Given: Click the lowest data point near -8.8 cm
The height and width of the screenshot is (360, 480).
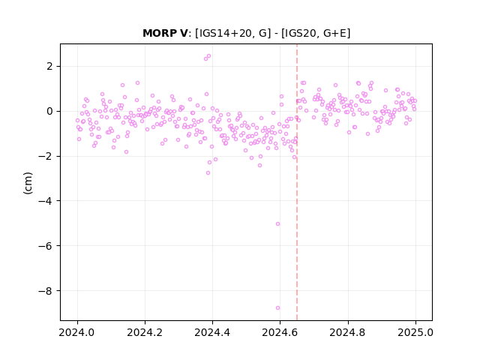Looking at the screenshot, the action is click(277, 308).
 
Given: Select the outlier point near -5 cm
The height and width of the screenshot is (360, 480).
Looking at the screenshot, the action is click(277, 223).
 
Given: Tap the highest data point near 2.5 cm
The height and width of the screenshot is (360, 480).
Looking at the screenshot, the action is click(208, 56).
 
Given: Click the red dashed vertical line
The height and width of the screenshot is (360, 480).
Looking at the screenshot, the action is click(297, 182).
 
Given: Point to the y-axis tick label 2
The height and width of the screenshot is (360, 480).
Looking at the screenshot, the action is click(49, 67).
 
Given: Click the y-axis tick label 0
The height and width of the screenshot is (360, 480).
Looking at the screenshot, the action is click(49, 112).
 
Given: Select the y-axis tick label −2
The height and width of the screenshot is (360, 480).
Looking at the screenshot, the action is click(46, 157).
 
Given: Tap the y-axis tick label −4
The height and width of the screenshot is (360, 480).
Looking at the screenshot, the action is click(46, 201).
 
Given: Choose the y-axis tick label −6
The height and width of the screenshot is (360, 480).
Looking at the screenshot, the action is click(46, 246).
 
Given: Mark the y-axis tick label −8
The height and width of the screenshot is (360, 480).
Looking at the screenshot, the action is click(46, 291).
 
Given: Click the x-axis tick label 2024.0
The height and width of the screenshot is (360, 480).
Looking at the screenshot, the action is click(77, 332).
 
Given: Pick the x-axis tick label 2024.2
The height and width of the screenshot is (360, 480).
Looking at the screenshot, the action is click(145, 332).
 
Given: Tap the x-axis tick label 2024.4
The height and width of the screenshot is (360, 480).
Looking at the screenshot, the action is click(212, 332).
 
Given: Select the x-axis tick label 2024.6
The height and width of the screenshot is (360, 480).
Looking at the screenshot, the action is click(280, 332).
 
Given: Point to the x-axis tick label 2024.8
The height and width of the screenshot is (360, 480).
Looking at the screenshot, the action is click(348, 332).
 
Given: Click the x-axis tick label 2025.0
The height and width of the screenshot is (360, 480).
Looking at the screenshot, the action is click(415, 332).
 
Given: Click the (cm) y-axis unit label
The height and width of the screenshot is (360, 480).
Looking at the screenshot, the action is click(28, 183).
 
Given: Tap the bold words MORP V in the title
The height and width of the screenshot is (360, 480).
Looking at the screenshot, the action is click(165, 33).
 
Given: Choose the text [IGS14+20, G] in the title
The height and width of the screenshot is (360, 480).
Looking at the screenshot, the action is click(233, 33).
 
